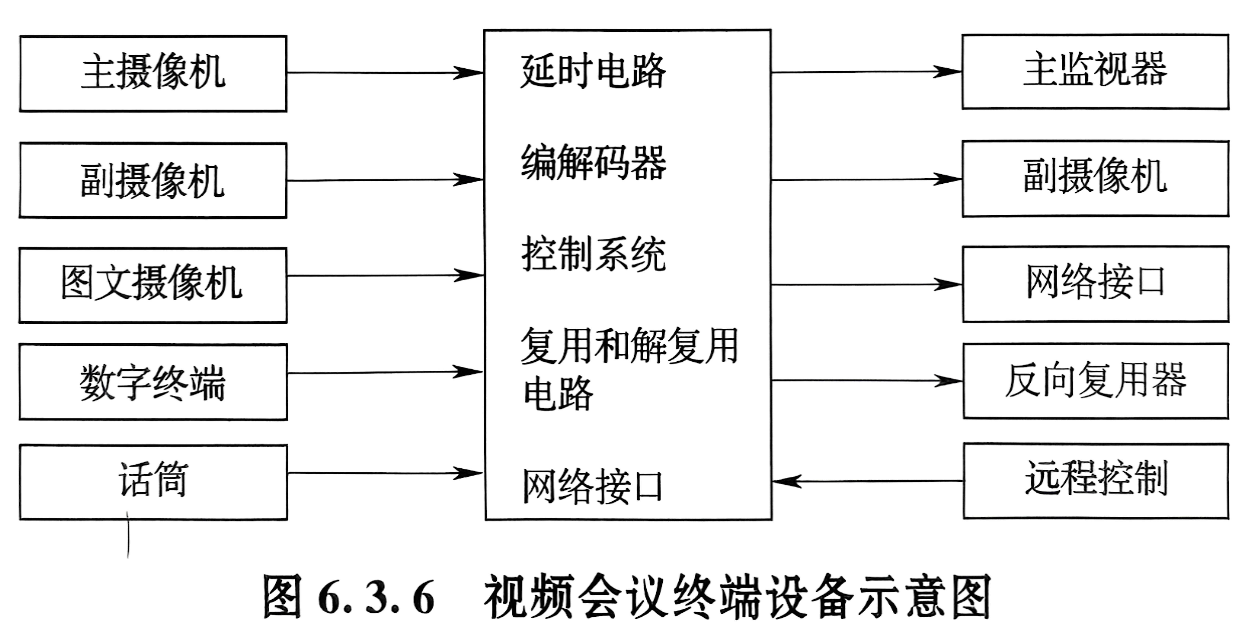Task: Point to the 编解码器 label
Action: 593,162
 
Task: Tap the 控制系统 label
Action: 593,254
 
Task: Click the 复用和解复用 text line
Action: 629,345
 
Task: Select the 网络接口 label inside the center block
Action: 592,486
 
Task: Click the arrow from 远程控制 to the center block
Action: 868,482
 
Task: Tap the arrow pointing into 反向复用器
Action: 867,381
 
